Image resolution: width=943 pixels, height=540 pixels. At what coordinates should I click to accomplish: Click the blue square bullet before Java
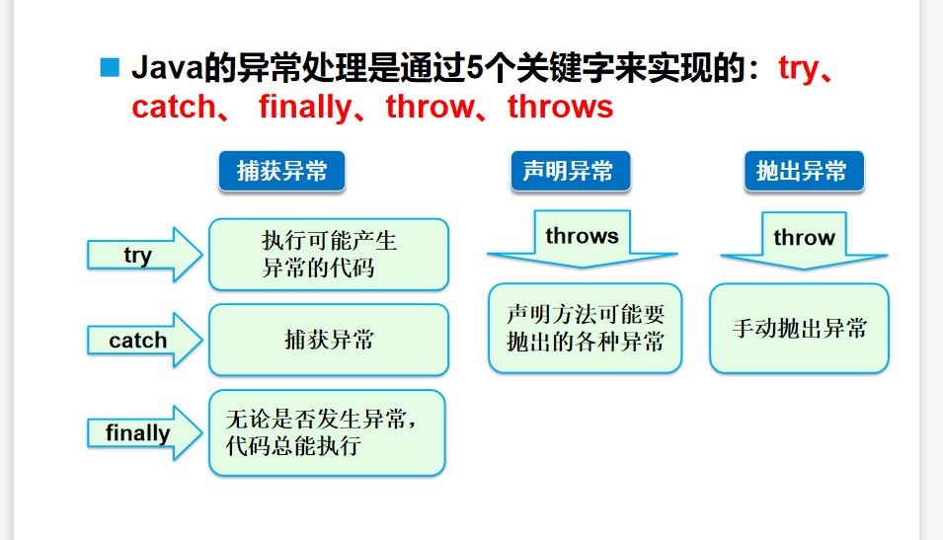(x=110, y=68)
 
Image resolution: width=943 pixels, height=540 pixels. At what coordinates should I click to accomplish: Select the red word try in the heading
(x=798, y=68)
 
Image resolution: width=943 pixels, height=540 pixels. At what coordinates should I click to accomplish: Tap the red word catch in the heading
(x=173, y=107)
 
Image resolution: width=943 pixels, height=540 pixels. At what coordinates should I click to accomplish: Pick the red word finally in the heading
(x=305, y=107)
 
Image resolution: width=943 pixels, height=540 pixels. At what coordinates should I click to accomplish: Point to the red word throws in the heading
(x=560, y=107)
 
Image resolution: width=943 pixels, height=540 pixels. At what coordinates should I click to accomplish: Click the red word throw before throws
(x=429, y=107)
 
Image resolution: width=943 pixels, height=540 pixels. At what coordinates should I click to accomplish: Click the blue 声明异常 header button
(x=569, y=172)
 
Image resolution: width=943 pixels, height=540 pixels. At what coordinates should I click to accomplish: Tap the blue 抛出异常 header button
(x=802, y=172)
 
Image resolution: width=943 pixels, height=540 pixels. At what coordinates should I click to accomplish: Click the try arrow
(x=144, y=255)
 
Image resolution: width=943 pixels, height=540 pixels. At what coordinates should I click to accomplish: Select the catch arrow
(x=144, y=341)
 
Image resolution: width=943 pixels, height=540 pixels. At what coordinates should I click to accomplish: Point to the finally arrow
(x=144, y=432)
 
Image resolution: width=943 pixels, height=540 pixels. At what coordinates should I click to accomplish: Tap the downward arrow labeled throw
(x=804, y=242)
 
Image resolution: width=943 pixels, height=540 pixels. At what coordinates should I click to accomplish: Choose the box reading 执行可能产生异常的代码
(x=329, y=255)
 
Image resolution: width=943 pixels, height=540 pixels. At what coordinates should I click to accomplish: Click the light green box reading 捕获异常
(x=329, y=341)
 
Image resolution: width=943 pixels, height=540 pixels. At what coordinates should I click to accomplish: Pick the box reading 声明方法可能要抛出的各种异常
(x=585, y=329)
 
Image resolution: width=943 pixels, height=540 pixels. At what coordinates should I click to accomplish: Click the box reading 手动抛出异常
(x=799, y=329)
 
